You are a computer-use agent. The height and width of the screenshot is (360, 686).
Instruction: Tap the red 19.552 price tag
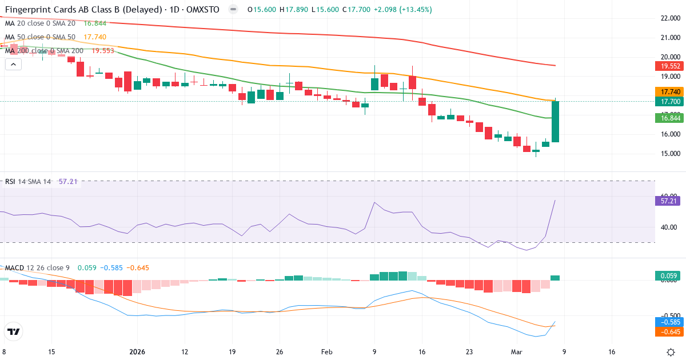pos(667,66)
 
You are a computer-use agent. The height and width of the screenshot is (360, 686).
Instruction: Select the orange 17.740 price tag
pos(667,91)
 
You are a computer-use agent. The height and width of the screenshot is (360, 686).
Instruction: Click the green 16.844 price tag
pos(667,118)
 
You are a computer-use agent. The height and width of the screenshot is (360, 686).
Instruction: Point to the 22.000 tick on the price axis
pos(669,18)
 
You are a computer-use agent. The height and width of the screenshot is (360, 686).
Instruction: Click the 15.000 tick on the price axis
pos(669,154)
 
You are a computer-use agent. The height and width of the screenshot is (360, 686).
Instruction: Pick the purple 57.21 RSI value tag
pos(667,201)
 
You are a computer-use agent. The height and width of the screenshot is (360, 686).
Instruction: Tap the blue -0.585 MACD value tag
pos(667,322)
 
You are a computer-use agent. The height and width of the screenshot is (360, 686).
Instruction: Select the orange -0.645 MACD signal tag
pos(667,331)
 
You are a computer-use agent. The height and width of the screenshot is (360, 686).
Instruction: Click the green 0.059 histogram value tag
pos(667,276)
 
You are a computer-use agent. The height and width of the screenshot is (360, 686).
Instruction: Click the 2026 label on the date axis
pos(138,352)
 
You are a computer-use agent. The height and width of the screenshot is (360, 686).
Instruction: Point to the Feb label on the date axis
pos(326,352)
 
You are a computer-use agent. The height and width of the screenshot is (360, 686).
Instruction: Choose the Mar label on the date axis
pos(516,352)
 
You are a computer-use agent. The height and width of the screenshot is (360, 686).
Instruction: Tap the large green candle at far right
pos(555,122)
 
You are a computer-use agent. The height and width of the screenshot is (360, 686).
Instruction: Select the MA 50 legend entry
pos(40,37)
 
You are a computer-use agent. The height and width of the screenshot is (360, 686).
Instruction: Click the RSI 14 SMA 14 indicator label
pos(29,182)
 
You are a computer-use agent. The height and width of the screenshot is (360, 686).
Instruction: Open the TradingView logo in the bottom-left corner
pos(14,331)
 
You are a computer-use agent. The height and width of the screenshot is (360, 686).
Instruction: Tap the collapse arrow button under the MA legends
pos(13,64)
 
